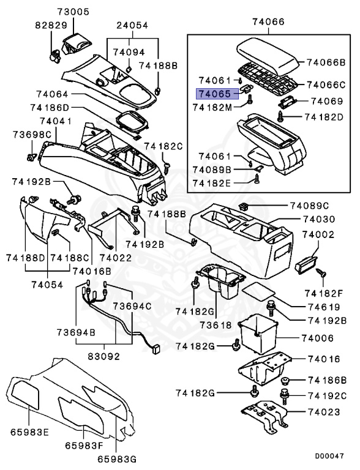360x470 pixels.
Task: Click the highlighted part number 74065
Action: coord(213,94)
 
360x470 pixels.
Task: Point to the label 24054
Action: coord(134,26)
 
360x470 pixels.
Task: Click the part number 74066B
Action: coord(326,62)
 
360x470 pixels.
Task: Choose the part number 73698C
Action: coord(30,134)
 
